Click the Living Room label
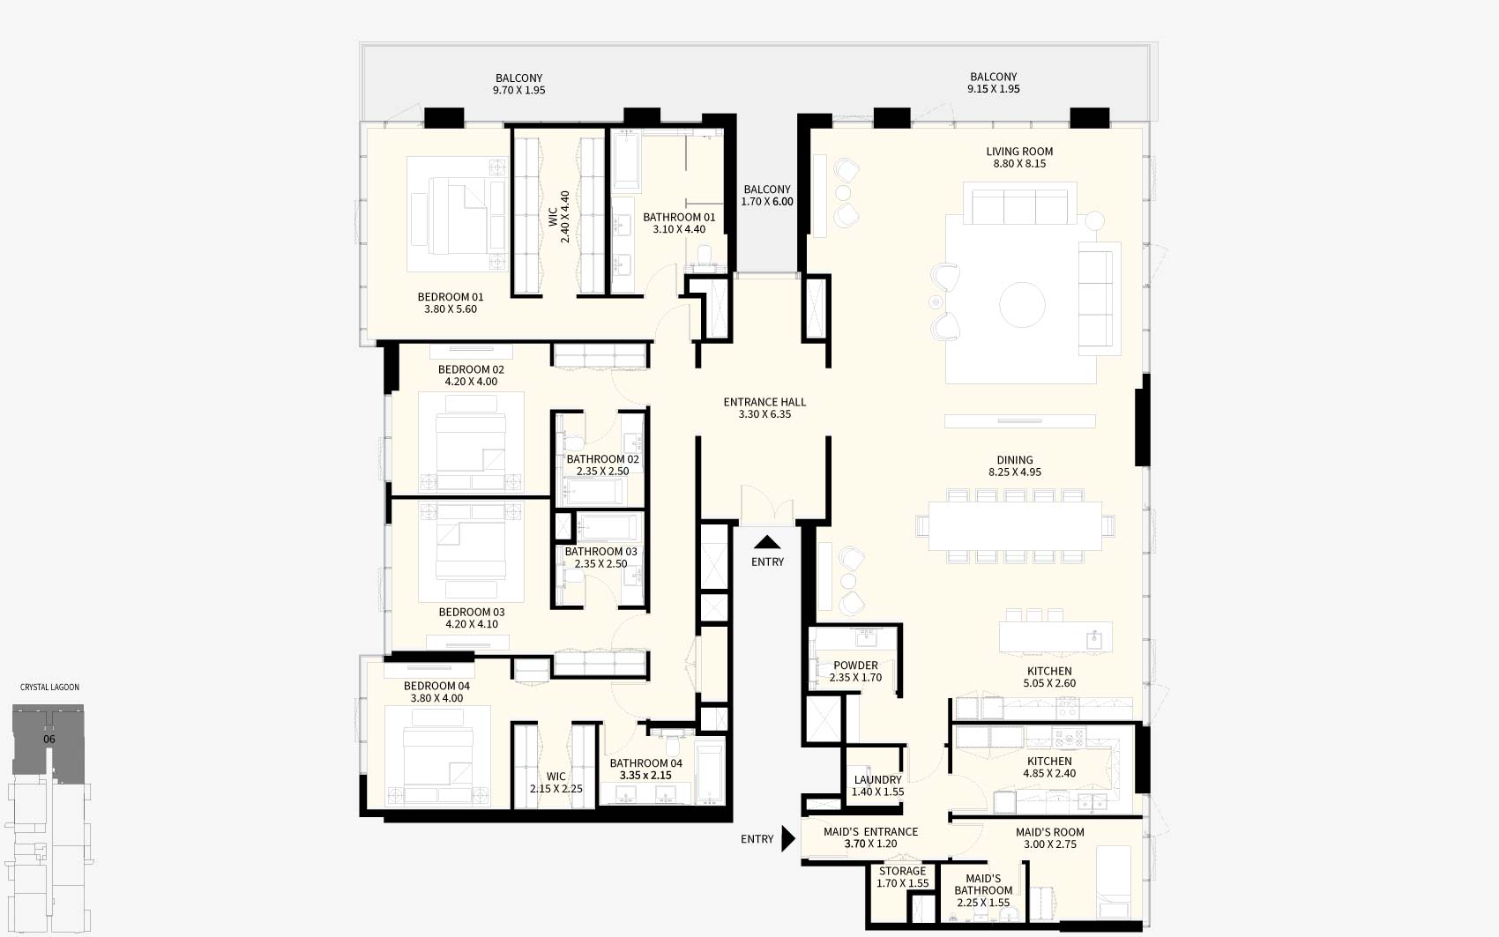[1019, 152]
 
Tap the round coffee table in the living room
[1022, 305]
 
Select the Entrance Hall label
[764, 402]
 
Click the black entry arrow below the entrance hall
[767, 542]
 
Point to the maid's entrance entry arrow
[788, 838]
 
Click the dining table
[1015, 525]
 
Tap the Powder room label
[855, 666]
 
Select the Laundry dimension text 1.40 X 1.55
[877, 792]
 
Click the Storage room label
[902, 871]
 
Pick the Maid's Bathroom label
[983, 884]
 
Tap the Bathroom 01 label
[679, 218]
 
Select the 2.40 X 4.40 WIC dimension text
[565, 217]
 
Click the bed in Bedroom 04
[438, 755]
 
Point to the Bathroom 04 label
[645, 763]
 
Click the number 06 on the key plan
[48, 739]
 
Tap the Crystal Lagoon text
[49, 687]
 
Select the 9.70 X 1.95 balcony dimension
[518, 90]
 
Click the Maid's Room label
[1049, 833]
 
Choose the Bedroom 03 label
[471, 613]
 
